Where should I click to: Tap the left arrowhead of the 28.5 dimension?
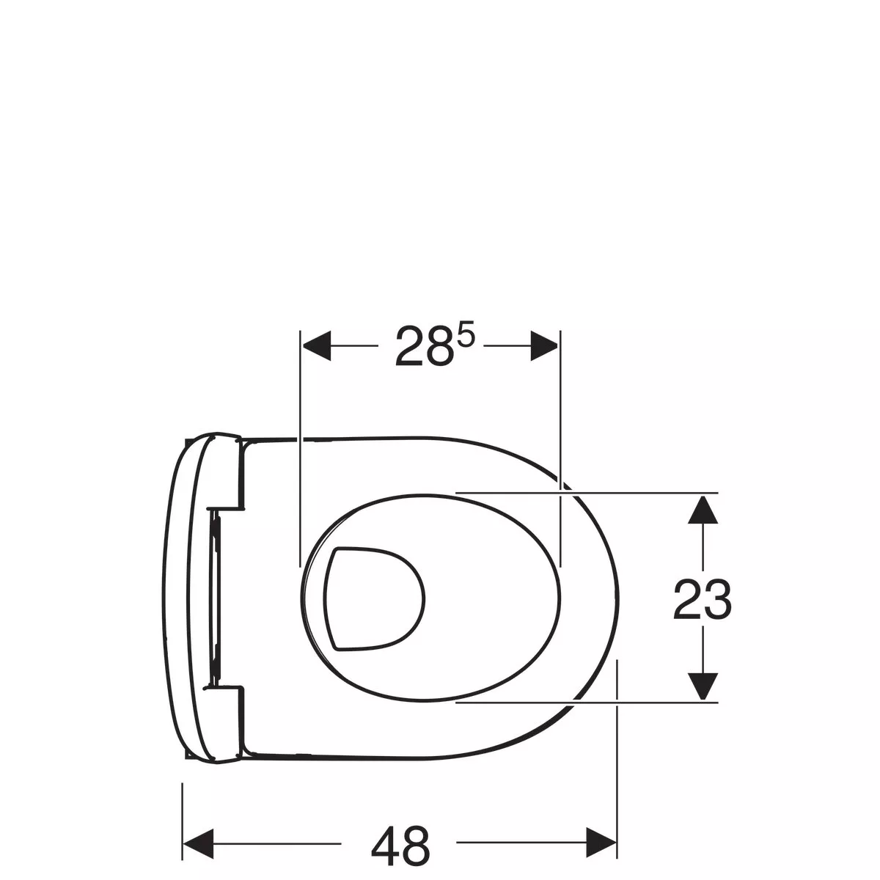[316, 345]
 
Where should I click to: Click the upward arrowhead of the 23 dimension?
[703, 510]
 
